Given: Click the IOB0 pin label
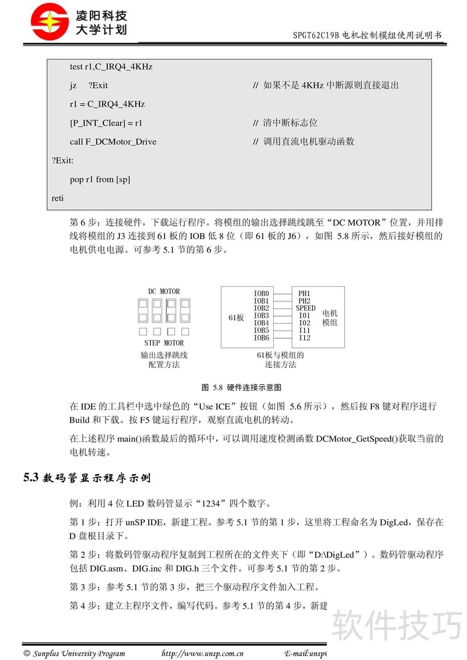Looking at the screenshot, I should tap(261, 293).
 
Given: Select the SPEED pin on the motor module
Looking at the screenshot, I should tap(305, 308).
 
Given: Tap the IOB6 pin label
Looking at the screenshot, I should tap(261, 338).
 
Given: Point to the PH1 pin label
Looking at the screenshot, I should tap(304, 293).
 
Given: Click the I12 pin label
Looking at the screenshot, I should tap(304, 338).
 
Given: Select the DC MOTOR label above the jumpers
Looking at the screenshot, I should tap(163, 292).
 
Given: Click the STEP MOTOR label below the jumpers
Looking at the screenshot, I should tap(163, 343).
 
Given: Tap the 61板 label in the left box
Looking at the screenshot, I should tap(236, 318).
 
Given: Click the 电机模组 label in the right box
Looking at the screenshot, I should tap(330, 318).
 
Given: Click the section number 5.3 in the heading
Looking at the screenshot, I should tap(31, 478).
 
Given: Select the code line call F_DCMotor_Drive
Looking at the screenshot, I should tap(113, 142).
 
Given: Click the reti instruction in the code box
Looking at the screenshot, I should tap(58, 198).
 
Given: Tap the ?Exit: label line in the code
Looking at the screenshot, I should tap(62, 160).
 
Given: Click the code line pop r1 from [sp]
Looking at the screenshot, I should tap(100, 180).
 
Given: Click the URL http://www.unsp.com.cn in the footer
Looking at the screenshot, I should tap(202, 653).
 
